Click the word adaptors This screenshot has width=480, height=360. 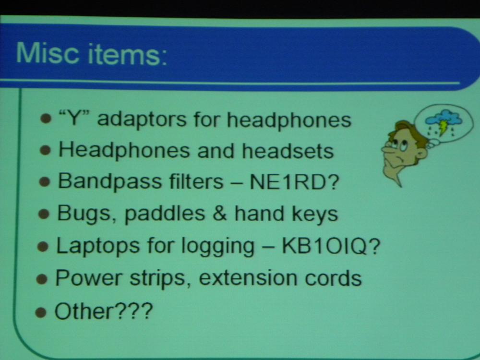142,120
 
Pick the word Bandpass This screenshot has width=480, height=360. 110,182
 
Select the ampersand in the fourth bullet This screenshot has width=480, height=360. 219,213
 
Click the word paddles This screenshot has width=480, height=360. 165,214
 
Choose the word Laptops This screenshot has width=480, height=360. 98,246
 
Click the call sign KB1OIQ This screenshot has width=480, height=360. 324,246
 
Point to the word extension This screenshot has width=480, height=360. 247,278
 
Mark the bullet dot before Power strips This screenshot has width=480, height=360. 42,279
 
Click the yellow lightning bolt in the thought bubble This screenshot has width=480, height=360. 442,128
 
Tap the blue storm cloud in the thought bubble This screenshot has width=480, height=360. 443,119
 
